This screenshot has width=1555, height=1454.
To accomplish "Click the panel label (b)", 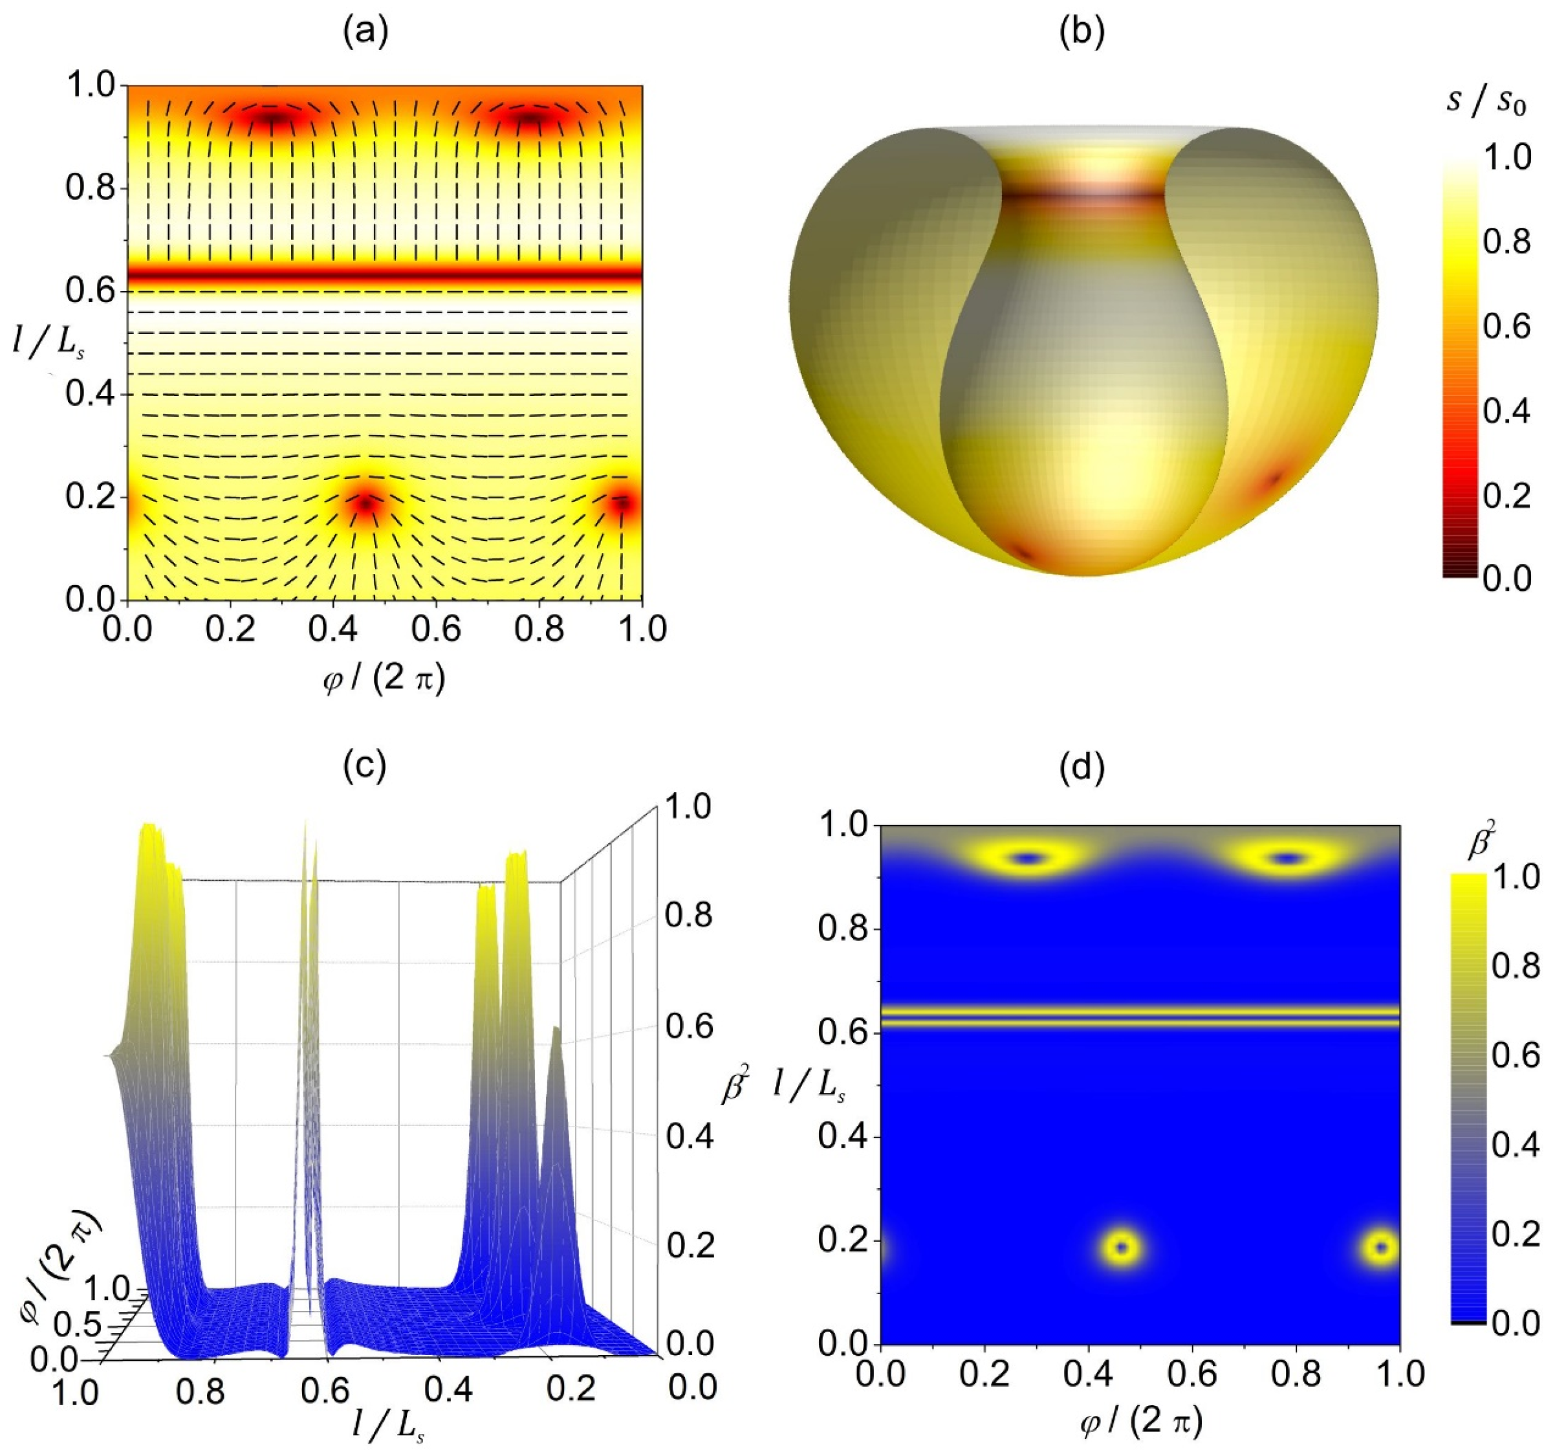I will [x=1082, y=34].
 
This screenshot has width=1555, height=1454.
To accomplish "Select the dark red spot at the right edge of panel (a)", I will [x=623, y=503].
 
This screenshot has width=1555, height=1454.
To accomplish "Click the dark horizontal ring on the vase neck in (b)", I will [x=1083, y=195].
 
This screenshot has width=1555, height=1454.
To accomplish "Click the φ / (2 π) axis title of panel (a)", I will [x=384, y=679].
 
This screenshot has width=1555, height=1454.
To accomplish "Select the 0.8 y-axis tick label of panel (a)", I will [x=89, y=188].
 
